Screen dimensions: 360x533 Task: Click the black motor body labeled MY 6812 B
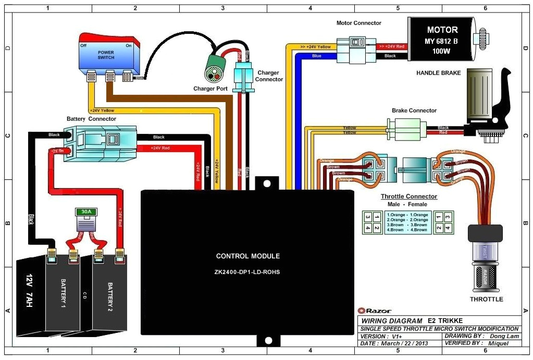442,39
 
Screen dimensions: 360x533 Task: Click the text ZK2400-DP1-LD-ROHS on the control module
248,272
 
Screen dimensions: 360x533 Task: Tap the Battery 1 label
63,293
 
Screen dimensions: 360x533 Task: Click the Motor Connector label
359,23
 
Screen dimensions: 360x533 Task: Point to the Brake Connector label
414,110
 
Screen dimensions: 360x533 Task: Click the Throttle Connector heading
409,196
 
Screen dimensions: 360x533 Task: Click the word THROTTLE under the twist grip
487,299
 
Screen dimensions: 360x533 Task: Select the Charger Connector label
269,76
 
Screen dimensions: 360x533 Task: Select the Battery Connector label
92,119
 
